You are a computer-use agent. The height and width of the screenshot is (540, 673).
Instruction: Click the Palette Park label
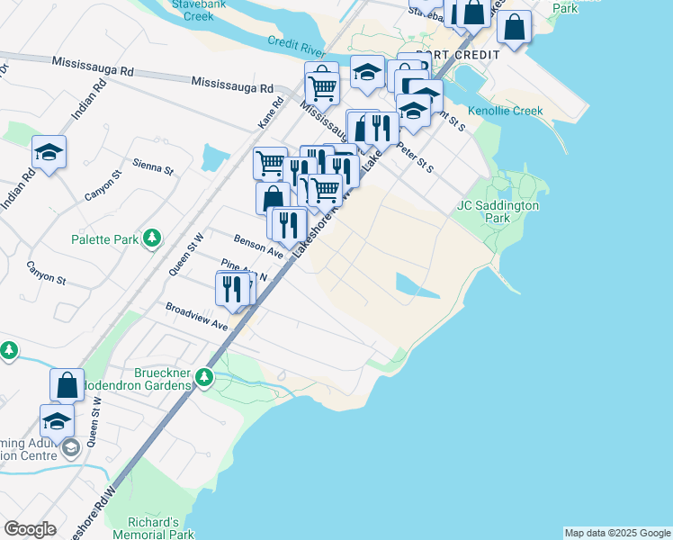click(104, 240)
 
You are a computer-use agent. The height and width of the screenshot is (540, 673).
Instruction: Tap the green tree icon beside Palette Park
click(153, 238)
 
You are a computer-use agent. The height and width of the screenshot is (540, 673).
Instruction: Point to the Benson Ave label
click(258, 247)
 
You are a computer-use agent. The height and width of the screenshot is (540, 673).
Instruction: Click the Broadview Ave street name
click(196, 316)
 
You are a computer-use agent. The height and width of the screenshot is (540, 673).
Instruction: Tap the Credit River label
click(296, 44)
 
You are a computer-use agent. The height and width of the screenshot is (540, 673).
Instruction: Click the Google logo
click(30, 529)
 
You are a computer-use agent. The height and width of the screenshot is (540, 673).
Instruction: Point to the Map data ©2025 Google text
click(617, 533)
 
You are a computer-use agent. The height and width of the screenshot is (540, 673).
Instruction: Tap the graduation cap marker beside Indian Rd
click(49, 153)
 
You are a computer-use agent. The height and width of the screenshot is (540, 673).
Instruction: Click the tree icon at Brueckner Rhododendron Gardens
click(205, 378)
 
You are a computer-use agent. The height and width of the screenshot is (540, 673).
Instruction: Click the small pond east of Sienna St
click(214, 159)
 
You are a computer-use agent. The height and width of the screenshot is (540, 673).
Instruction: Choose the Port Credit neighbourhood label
click(462, 55)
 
